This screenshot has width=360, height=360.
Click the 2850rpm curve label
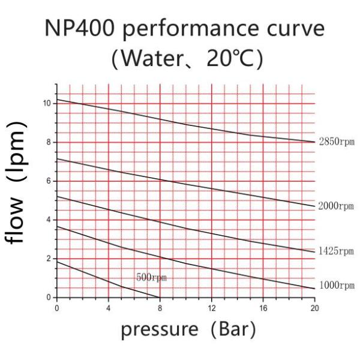337,142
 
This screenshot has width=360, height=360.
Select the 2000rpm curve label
337,206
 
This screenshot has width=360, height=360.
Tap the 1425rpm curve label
337,251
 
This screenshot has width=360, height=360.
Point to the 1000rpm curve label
337,286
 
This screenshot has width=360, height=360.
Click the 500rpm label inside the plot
151,278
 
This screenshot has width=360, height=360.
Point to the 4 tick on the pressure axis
108,308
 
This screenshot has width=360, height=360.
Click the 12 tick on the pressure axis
211,308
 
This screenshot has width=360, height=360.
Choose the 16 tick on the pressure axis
263,308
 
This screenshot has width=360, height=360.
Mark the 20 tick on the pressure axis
314,308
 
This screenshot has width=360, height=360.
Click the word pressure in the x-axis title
158,329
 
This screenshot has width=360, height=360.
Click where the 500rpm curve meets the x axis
160,298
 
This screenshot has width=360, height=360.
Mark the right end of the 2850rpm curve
314,142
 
